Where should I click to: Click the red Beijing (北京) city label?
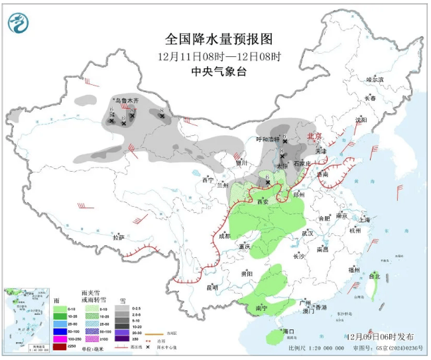coord(314,136)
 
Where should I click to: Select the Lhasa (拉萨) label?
coord(118,237)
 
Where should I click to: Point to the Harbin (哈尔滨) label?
coord(375,79)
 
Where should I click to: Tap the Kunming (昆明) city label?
coord(212,287)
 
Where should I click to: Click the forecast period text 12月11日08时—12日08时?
coord(219,56)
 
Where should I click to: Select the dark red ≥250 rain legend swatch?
coord(60,346)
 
